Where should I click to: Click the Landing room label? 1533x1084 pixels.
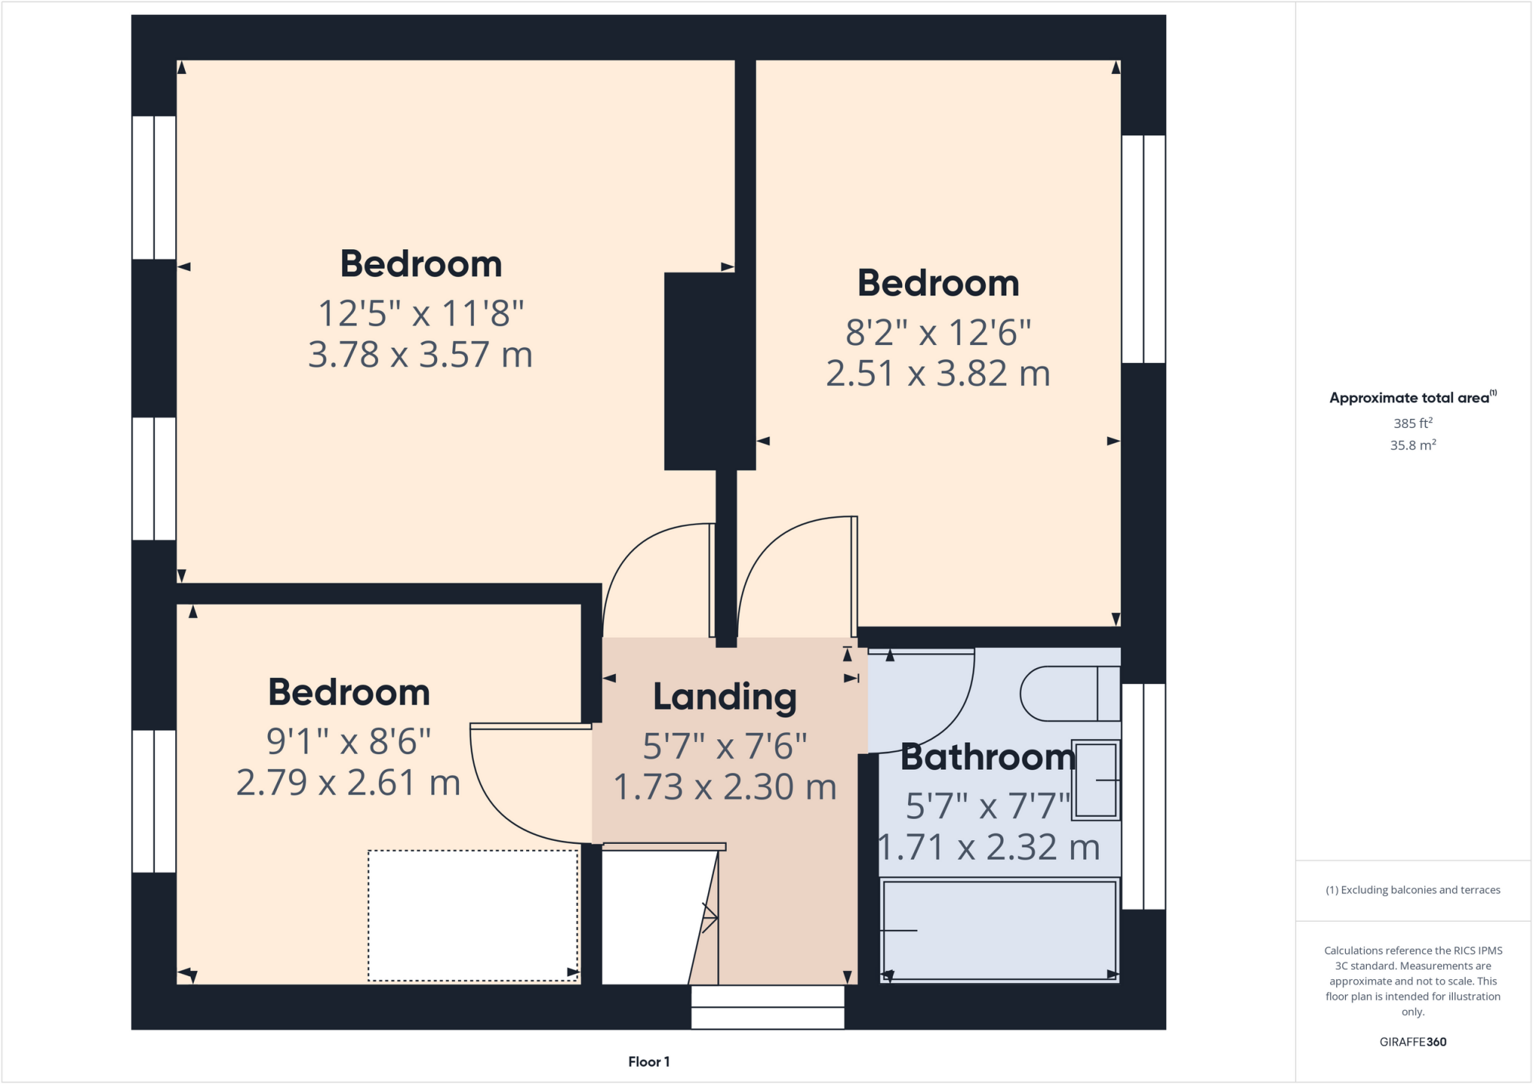pyautogui.click(x=724, y=696)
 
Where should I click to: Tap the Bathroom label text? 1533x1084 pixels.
pyautogui.click(x=987, y=757)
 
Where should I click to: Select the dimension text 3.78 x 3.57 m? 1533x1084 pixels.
pyautogui.click(x=420, y=355)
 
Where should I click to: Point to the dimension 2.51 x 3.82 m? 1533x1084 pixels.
pyautogui.click(x=938, y=373)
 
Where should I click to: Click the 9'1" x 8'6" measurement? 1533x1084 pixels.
pyautogui.click(x=349, y=741)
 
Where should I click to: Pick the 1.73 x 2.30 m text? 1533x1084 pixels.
pyautogui.click(x=724, y=787)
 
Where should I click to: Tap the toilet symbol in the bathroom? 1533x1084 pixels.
pyautogui.click(x=1070, y=693)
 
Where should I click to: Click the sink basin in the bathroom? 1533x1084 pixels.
pyautogui.click(x=1096, y=780)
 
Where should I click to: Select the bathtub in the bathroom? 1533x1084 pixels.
pyautogui.click(x=999, y=929)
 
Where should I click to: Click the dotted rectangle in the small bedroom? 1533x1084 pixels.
pyautogui.click(x=472, y=915)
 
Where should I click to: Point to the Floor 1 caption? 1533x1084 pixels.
pyautogui.click(x=648, y=1062)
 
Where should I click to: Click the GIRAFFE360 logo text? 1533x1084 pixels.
pyautogui.click(x=1412, y=1041)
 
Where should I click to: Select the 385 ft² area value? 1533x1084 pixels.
pyautogui.click(x=1412, y=423)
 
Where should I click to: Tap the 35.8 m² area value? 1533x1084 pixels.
pyautogui.click(x=1412, y=445)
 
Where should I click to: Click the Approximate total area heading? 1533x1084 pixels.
pyautogui.click(x=1412, y=398)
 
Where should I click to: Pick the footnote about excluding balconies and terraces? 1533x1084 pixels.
pyautogui.click(x=1412, y=889)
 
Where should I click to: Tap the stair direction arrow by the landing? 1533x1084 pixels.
pyautogui.click(x=709, y=916)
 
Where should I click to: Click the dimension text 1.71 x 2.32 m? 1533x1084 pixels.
pyautogui.click(x=988, y=848)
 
